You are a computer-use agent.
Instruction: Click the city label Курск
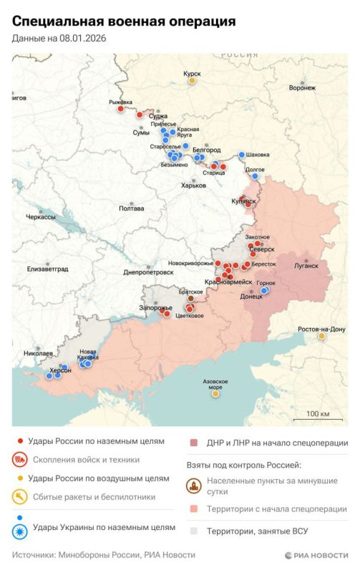(x=192, y=74)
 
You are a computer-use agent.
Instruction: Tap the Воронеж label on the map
(x=302, y=87)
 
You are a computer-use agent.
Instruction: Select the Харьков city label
(x=193, y=186)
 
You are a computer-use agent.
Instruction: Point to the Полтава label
(x=131, y=208)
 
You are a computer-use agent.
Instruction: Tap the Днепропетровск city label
(x=149, y=272)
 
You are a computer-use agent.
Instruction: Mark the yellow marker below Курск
(x=192, y=81)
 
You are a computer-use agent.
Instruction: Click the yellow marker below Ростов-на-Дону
(x=322, y=335)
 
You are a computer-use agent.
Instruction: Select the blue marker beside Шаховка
(x=240, y=155)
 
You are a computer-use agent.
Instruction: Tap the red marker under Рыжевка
(x=121, y=109)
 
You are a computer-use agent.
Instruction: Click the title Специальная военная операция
(x=124, y=23)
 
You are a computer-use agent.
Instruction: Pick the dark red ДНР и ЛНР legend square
(x=194, y=443)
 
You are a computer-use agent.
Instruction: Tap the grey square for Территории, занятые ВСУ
(x=194, y=531)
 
